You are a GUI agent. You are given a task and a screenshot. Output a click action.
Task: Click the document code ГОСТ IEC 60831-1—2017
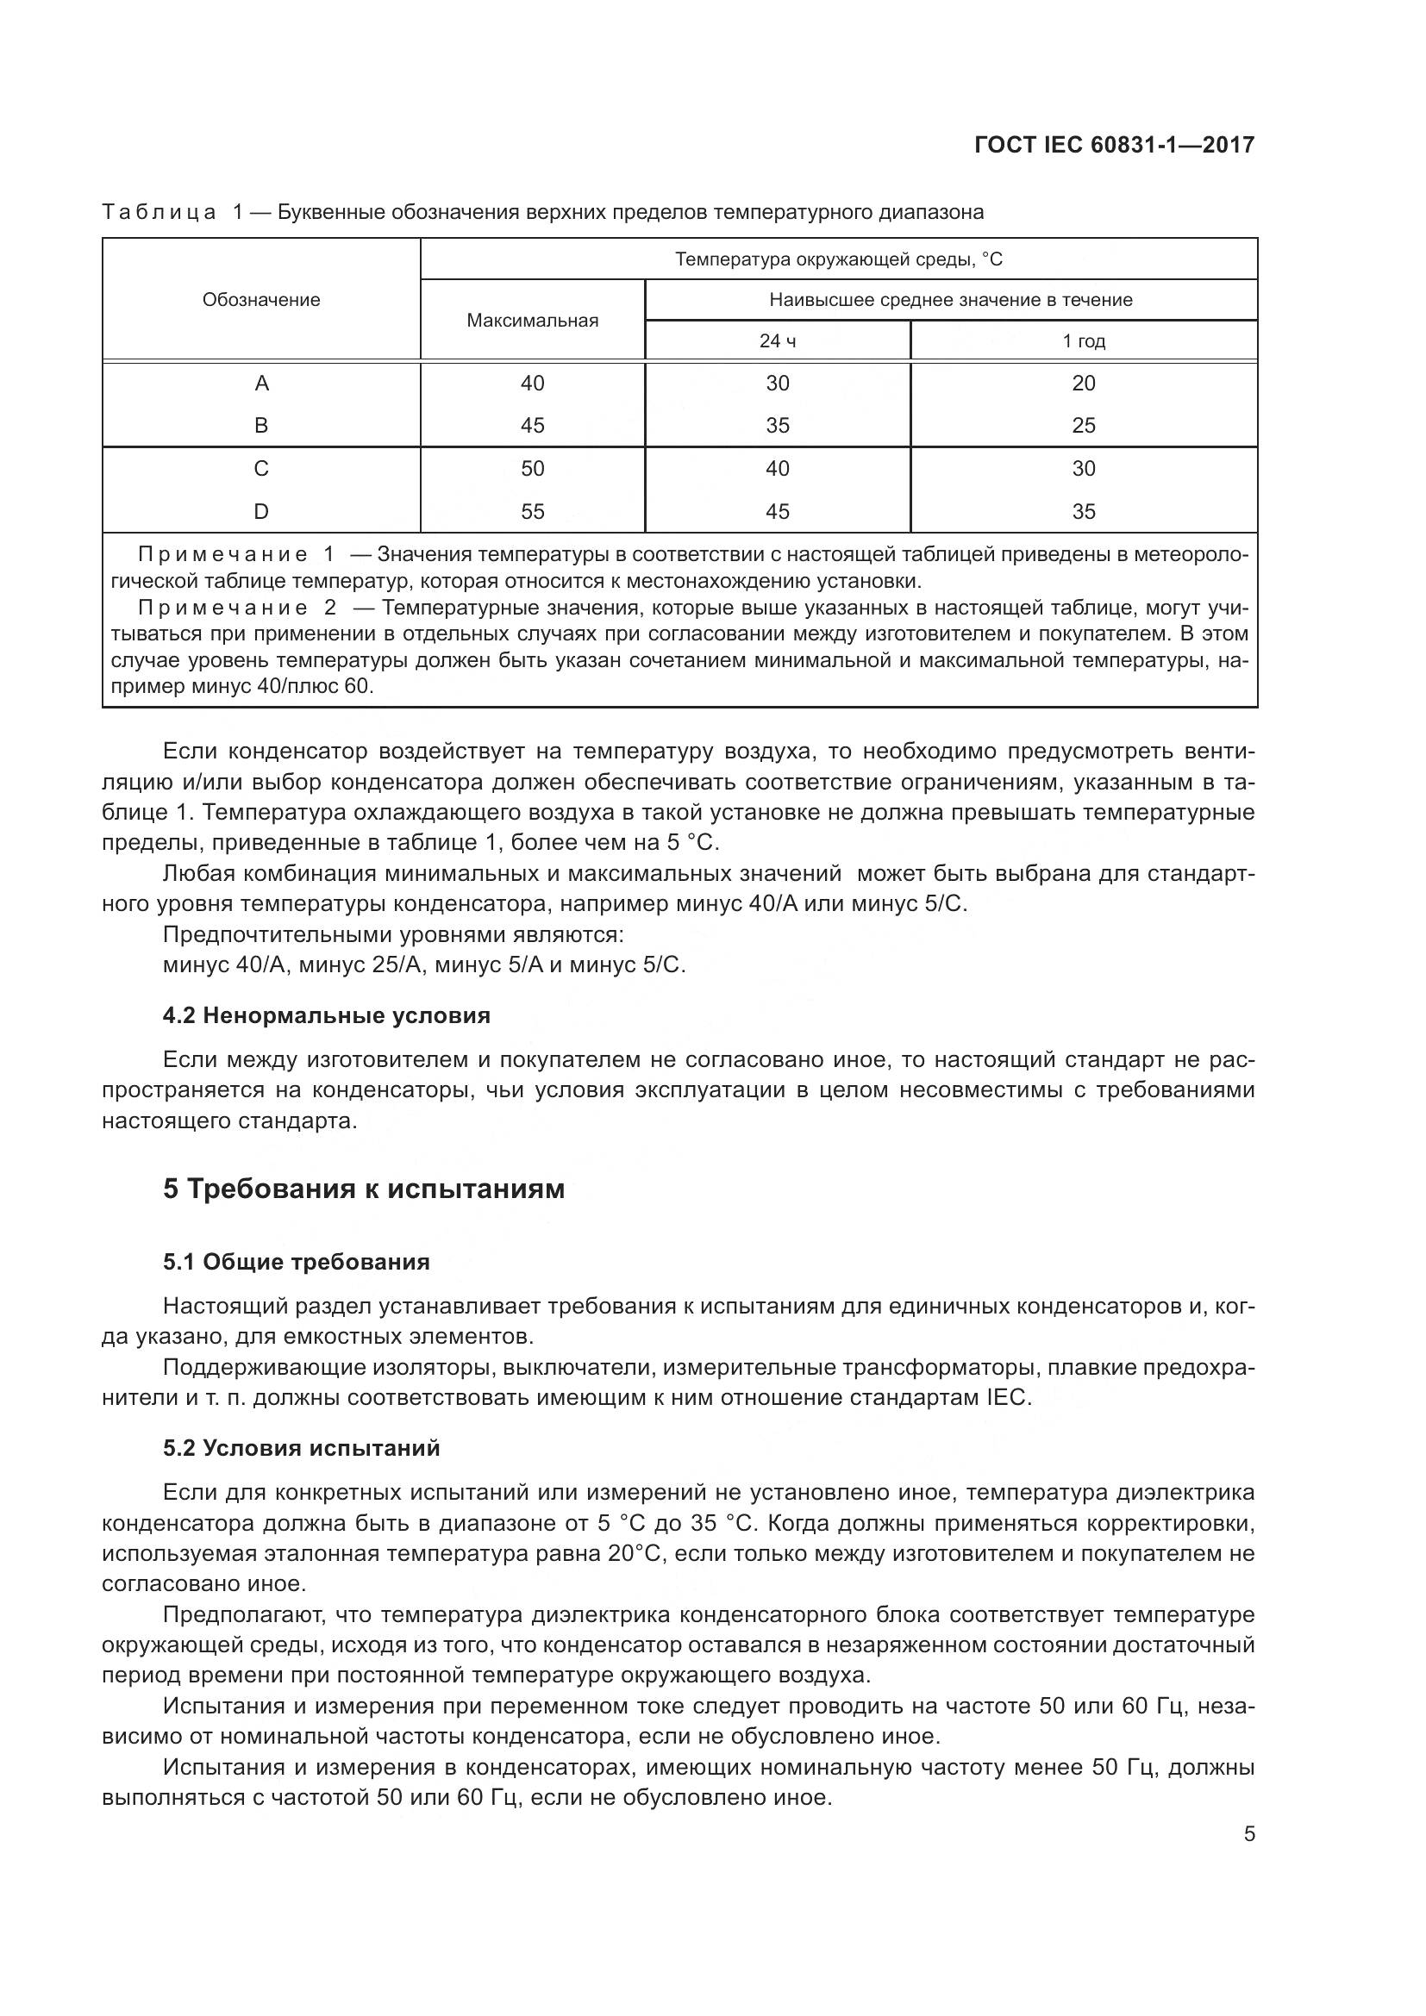1113,145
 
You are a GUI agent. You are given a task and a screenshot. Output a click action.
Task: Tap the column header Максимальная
532,321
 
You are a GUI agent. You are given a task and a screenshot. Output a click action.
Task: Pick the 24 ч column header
777,341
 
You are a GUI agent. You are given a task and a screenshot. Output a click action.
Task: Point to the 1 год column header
1084,341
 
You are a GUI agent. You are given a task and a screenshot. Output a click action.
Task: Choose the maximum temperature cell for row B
532,426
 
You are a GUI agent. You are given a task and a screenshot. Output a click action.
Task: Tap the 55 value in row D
532,512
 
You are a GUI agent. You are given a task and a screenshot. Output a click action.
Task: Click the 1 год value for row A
1084,384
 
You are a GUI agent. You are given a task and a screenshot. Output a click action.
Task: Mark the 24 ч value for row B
777,426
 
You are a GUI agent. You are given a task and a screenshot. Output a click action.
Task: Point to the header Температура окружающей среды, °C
839,260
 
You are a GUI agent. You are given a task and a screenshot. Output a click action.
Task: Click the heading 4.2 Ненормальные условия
327,1016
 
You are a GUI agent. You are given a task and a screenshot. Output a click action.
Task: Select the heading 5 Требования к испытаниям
364,1189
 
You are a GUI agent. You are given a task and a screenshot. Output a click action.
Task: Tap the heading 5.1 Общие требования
296,1263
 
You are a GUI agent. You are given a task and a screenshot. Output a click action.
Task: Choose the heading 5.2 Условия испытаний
301,1448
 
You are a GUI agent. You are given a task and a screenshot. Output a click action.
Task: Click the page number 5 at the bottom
1249,1834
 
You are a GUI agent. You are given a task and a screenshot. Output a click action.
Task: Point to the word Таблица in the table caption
159,213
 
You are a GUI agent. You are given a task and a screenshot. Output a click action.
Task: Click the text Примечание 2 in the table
237,608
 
